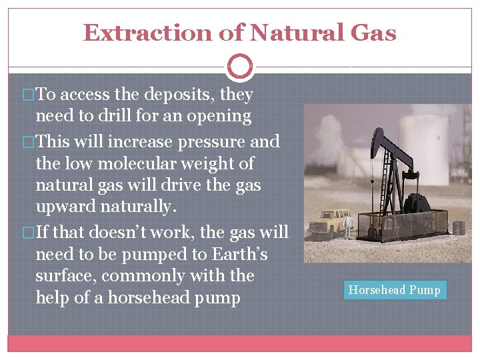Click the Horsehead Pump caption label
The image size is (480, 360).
[395, 290]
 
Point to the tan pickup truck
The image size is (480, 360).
[329, 222]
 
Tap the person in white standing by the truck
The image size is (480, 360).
[347, 223]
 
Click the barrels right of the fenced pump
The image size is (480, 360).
[458, 227]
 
